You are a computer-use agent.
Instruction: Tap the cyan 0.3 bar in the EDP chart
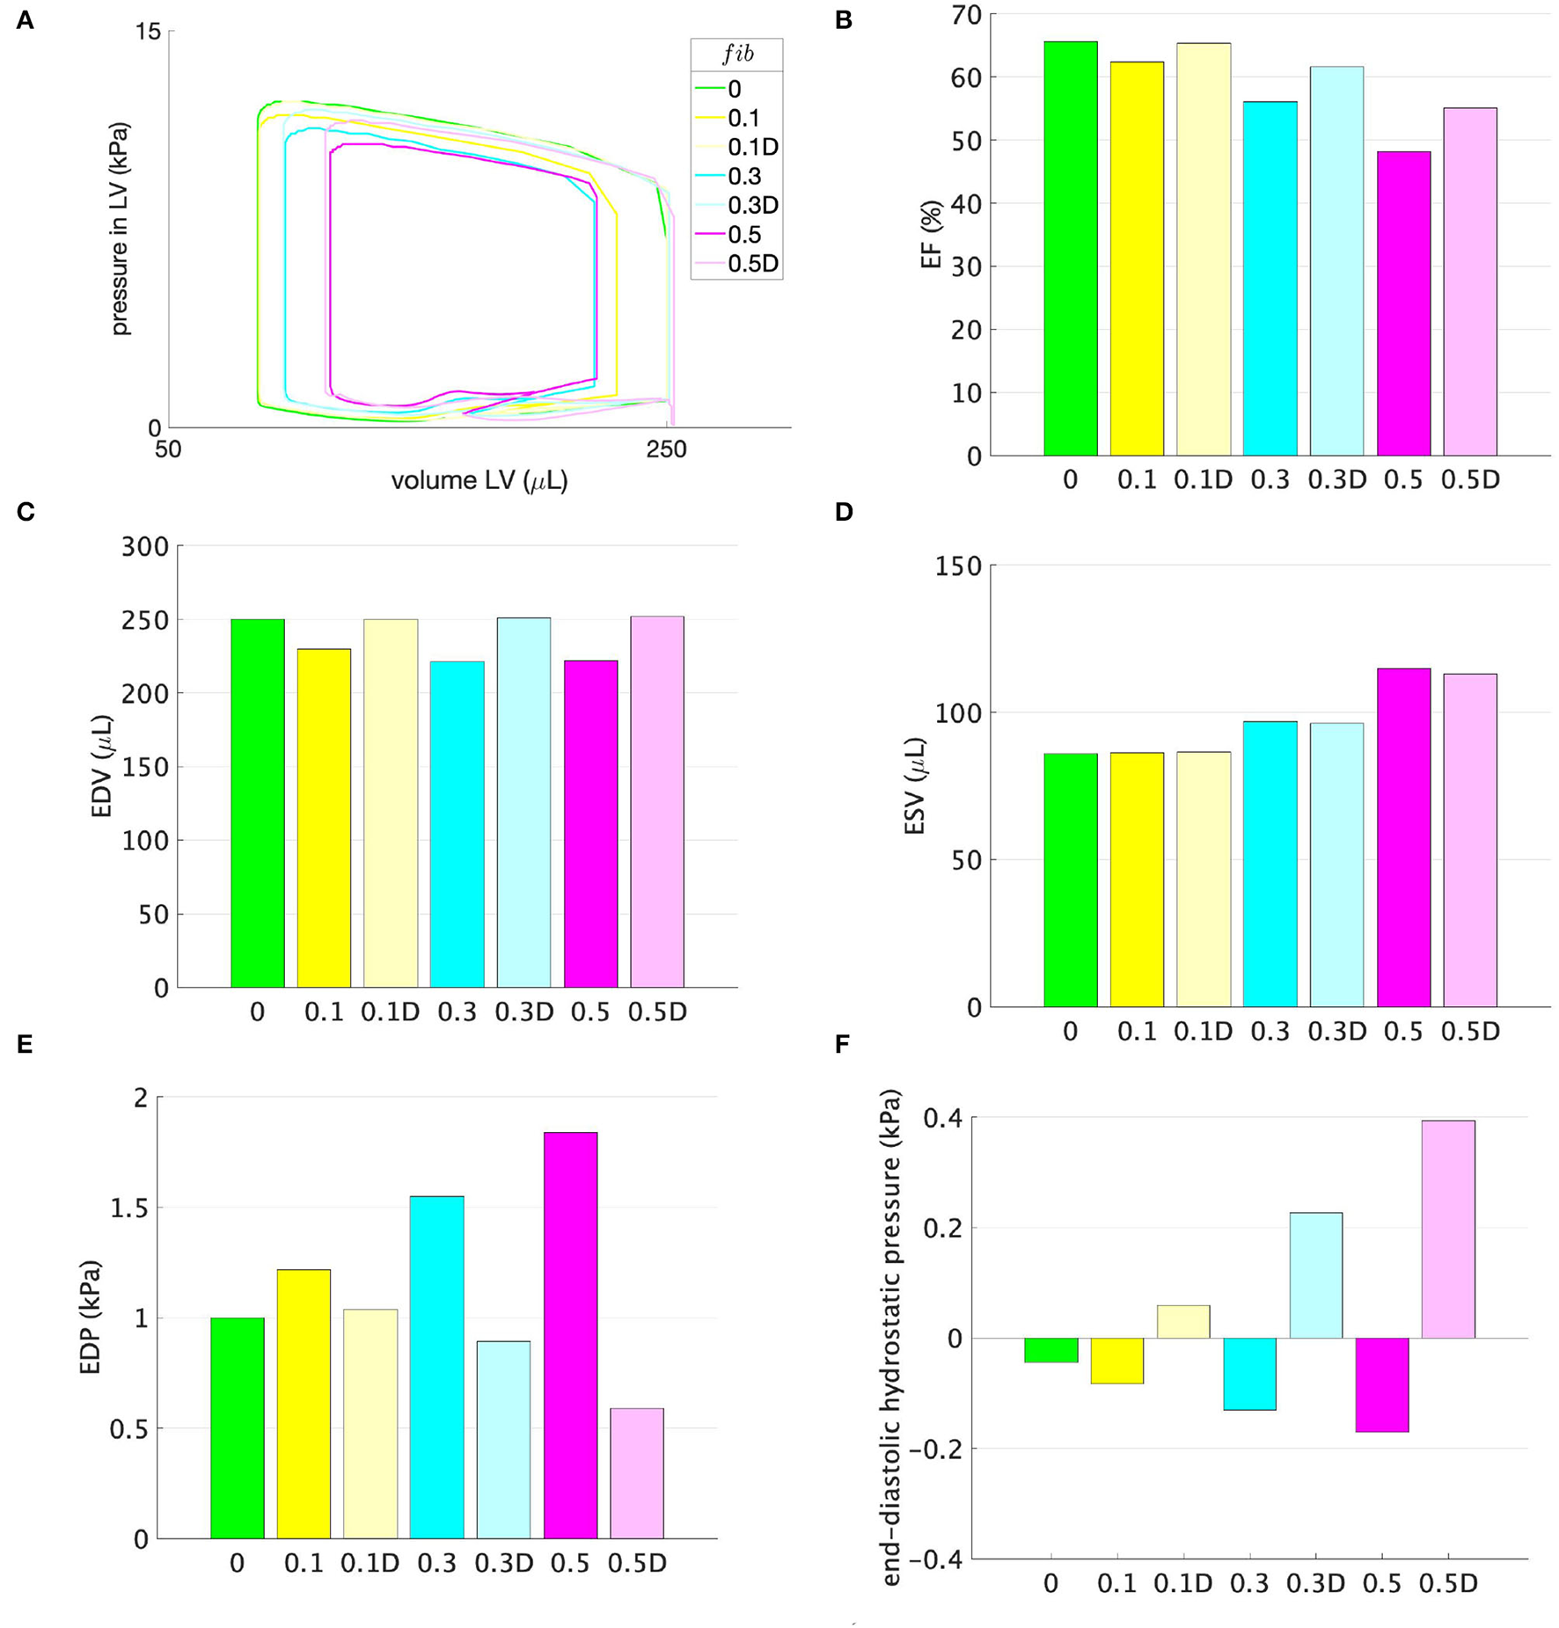click(437, 1367)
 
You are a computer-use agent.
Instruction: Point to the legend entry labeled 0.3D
click(752, 205)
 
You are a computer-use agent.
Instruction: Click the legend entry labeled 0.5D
click(752, 264)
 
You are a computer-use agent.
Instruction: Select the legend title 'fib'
click(737, 55)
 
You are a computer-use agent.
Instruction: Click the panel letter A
click(25, 20)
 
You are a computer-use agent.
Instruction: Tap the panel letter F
click(842, 1044)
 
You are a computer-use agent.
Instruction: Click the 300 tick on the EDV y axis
click(145, 546)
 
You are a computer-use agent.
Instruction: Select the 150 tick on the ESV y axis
click(959, 566)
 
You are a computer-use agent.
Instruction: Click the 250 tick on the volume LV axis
click(666, 449)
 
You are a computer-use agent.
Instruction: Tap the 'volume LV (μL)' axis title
click(479, 481)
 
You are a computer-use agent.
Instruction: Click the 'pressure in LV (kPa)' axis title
click(120, 229)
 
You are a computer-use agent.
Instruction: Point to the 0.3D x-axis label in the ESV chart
click(1336, 1031)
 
